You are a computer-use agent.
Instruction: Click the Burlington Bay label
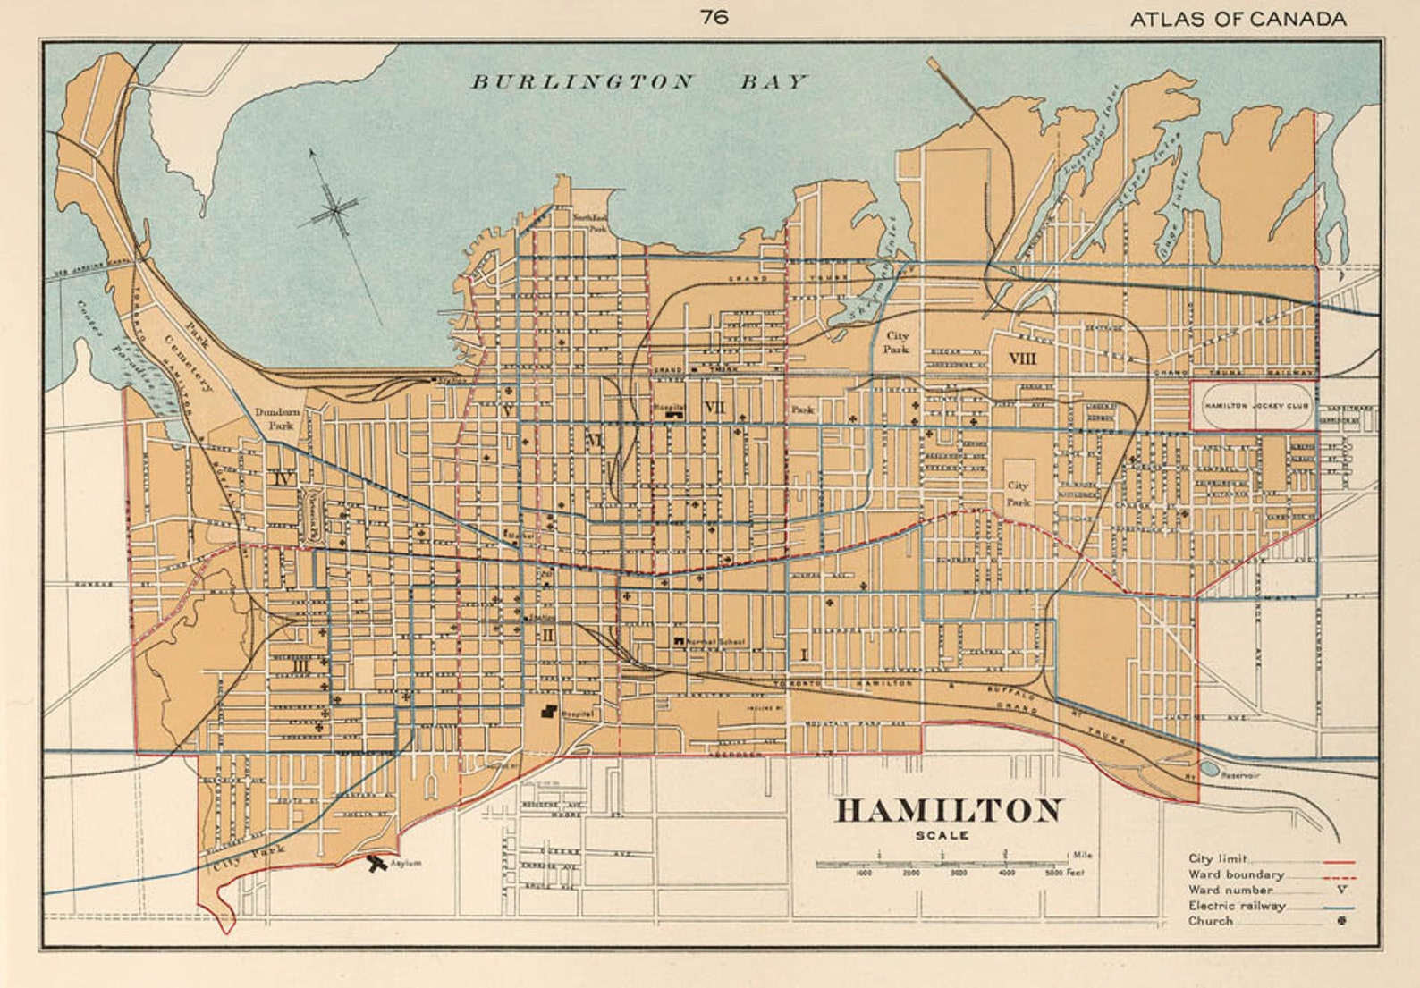click(638, 82)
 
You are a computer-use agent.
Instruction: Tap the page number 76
click(714, 17)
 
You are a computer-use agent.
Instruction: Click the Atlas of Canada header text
click(1238, 19)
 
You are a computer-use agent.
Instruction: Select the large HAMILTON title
click(949, 811)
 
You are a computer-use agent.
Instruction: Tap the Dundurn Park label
click(276, 418)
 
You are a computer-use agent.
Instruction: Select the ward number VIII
click(1022, 359)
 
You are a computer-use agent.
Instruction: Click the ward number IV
click(283, 479)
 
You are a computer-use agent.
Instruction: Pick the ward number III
click(300, 666)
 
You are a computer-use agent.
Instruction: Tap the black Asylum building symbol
click(376, 863)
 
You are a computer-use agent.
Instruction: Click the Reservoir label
click(1239, 775)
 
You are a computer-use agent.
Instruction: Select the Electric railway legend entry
click(1238, 906)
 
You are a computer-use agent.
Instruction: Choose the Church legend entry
click(1211, 921)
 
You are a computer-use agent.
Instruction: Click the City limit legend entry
click(1218, 858)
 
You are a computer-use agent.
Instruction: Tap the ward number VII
click(714, 408)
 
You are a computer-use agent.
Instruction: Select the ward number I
click(803, 655)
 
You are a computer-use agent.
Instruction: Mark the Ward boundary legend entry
click(1236, 874)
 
